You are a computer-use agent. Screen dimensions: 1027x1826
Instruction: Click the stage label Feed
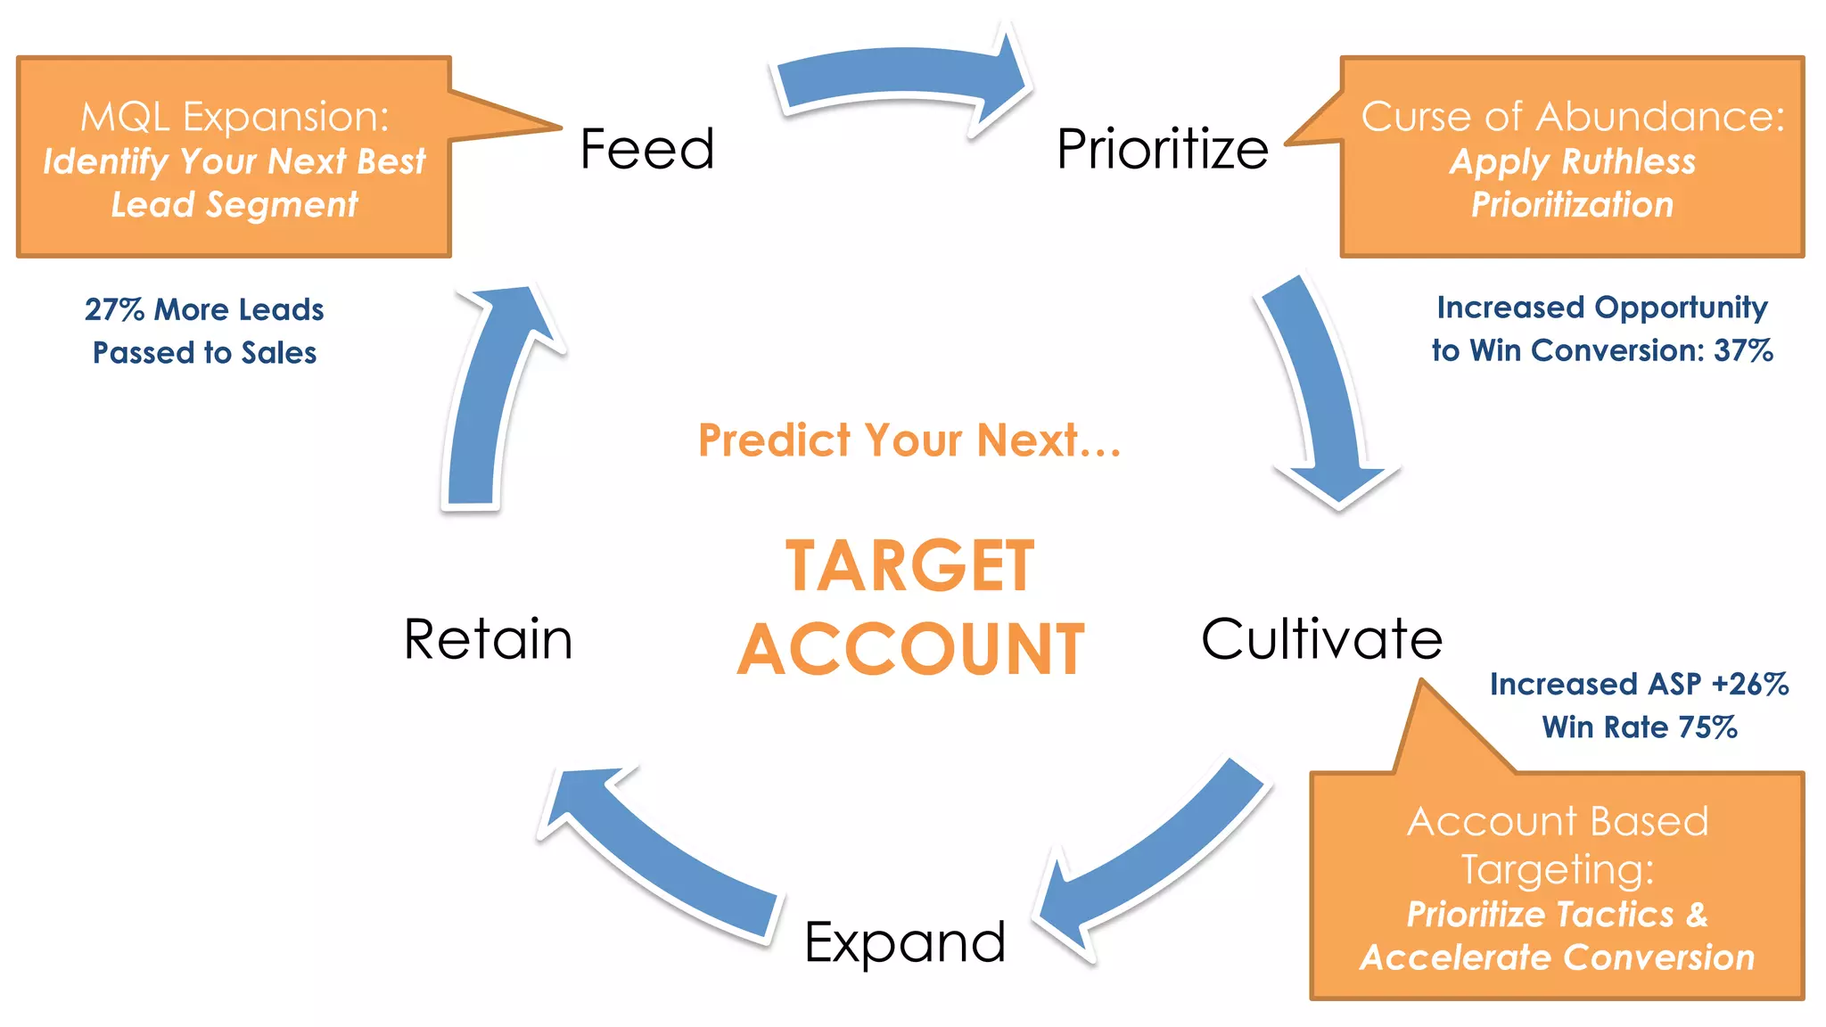(x=647, y=149)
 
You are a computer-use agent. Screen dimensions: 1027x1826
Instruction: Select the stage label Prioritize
(x=1162, y=149)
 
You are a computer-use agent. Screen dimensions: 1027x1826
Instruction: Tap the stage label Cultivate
(x=1321, y=639)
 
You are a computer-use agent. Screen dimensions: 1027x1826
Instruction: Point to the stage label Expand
(x=904, y=942)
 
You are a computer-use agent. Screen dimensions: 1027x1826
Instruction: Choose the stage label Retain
(x=488, y=639)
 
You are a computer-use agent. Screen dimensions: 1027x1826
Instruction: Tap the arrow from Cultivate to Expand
(x=1159, y=856)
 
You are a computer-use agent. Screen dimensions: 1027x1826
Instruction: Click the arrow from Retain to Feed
(x=490, y=392)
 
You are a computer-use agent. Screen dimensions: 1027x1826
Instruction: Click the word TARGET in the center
(x=909, y=566)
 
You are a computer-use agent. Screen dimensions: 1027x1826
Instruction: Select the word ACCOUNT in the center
(x=910, y=649)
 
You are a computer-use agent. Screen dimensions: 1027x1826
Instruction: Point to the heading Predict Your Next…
(x=909, y=440)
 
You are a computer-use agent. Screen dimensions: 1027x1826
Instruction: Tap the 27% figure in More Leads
(x=114, y=309)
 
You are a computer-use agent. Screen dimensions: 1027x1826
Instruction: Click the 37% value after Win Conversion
(x=1743, y=350)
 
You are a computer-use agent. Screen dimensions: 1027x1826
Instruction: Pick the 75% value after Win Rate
(x=1707, y=727)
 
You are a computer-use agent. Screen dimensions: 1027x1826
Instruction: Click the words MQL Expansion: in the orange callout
(x=234, y=117)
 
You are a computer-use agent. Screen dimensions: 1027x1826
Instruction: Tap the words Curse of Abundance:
(x=1573, y=117)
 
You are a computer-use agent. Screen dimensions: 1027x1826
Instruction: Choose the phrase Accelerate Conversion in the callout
(x=1557, y=957)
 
